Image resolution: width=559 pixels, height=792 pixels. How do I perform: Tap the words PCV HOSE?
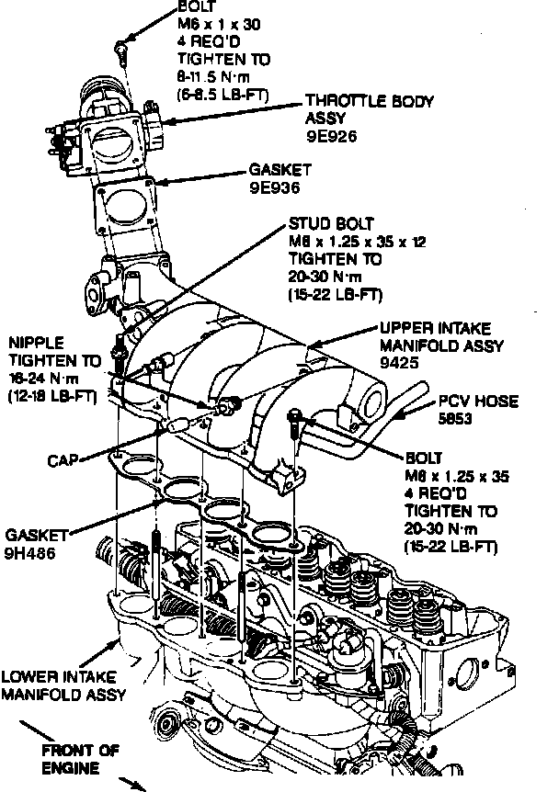pos(477,401)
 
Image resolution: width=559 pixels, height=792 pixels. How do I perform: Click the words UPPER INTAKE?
pos(435,328)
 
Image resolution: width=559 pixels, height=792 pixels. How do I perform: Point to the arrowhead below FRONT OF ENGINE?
pos(140,786)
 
